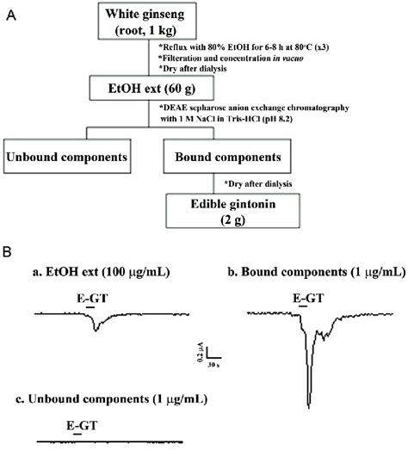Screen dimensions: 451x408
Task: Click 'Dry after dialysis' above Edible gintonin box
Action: [259, 183]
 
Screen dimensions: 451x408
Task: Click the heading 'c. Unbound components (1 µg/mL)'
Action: [112, 400]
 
